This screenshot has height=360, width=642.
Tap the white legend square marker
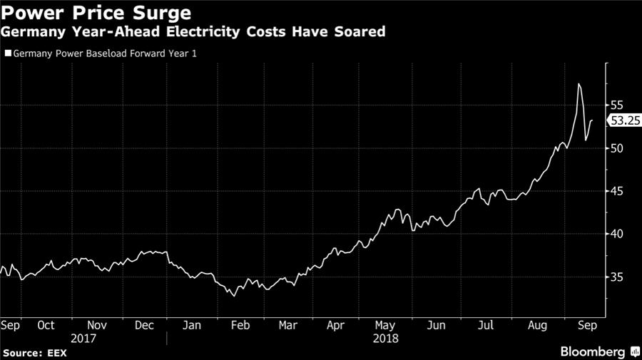[x=8, y=53]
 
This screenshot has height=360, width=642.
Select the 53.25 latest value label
[x=622, y=121]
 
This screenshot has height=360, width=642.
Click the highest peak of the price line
[x=579, y=84]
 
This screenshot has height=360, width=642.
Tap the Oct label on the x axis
[x=46, y=325]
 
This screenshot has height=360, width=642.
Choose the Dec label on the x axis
[x=145, y=325]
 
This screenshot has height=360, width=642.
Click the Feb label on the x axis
[x=240, y=325]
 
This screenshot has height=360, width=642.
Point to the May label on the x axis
[x=385, y=325]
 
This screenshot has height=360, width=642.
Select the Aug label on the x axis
[x=537, y=325]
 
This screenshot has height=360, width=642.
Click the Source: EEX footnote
[x=33, y=353]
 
